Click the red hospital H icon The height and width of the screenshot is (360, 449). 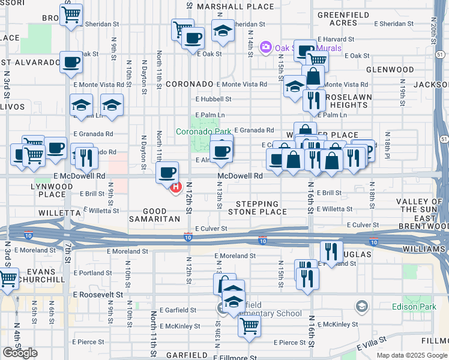point(176,188)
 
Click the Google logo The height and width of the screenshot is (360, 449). point(20,353)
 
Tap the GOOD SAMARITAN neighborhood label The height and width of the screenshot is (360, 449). point(154,215)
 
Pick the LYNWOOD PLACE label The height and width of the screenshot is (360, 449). point(52,190)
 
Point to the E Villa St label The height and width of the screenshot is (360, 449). point(376,347)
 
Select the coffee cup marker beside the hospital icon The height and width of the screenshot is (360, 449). point(167,172)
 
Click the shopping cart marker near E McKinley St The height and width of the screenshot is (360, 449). point(249,326)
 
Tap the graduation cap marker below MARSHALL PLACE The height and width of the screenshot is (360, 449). point(223,31)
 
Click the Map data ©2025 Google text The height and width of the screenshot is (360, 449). point(412,355)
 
